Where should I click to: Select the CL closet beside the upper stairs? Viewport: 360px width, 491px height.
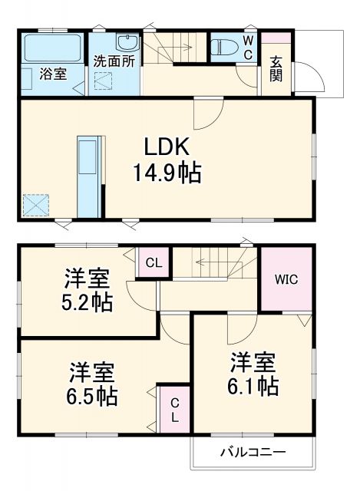point(154,263)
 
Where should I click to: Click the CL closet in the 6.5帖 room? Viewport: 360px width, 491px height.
point(174,410)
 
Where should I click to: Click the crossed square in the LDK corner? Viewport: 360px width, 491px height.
point(35,205)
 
